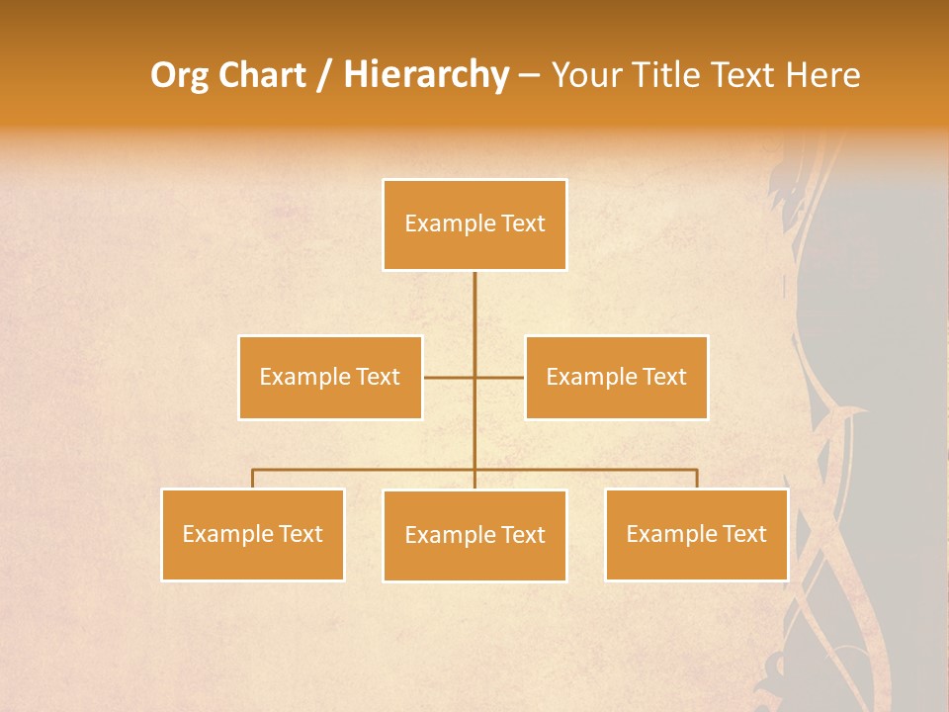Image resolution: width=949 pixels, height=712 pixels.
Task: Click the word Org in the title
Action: point(179,75)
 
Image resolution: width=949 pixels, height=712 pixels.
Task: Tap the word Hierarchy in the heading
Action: point(426,75)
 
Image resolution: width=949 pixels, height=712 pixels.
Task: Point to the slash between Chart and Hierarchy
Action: point(324,75)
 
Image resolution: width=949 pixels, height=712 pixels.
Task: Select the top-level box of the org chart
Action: point(474,224)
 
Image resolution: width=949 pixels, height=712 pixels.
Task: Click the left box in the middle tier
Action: point(330,377)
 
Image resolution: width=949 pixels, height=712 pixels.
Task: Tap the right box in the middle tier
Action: point(616,377)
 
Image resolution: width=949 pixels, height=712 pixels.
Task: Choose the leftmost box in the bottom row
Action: point(253,534)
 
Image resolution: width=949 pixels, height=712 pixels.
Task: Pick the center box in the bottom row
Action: point(474,535)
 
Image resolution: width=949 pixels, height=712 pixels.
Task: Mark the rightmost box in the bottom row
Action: point(696,534)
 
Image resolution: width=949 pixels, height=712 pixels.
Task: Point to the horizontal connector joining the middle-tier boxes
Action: point(450,377)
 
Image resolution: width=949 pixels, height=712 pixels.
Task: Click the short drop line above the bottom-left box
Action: point(253,479)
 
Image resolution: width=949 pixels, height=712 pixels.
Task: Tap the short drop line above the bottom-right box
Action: point(697,479)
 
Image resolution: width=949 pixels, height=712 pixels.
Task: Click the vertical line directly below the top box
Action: point(474,307)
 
